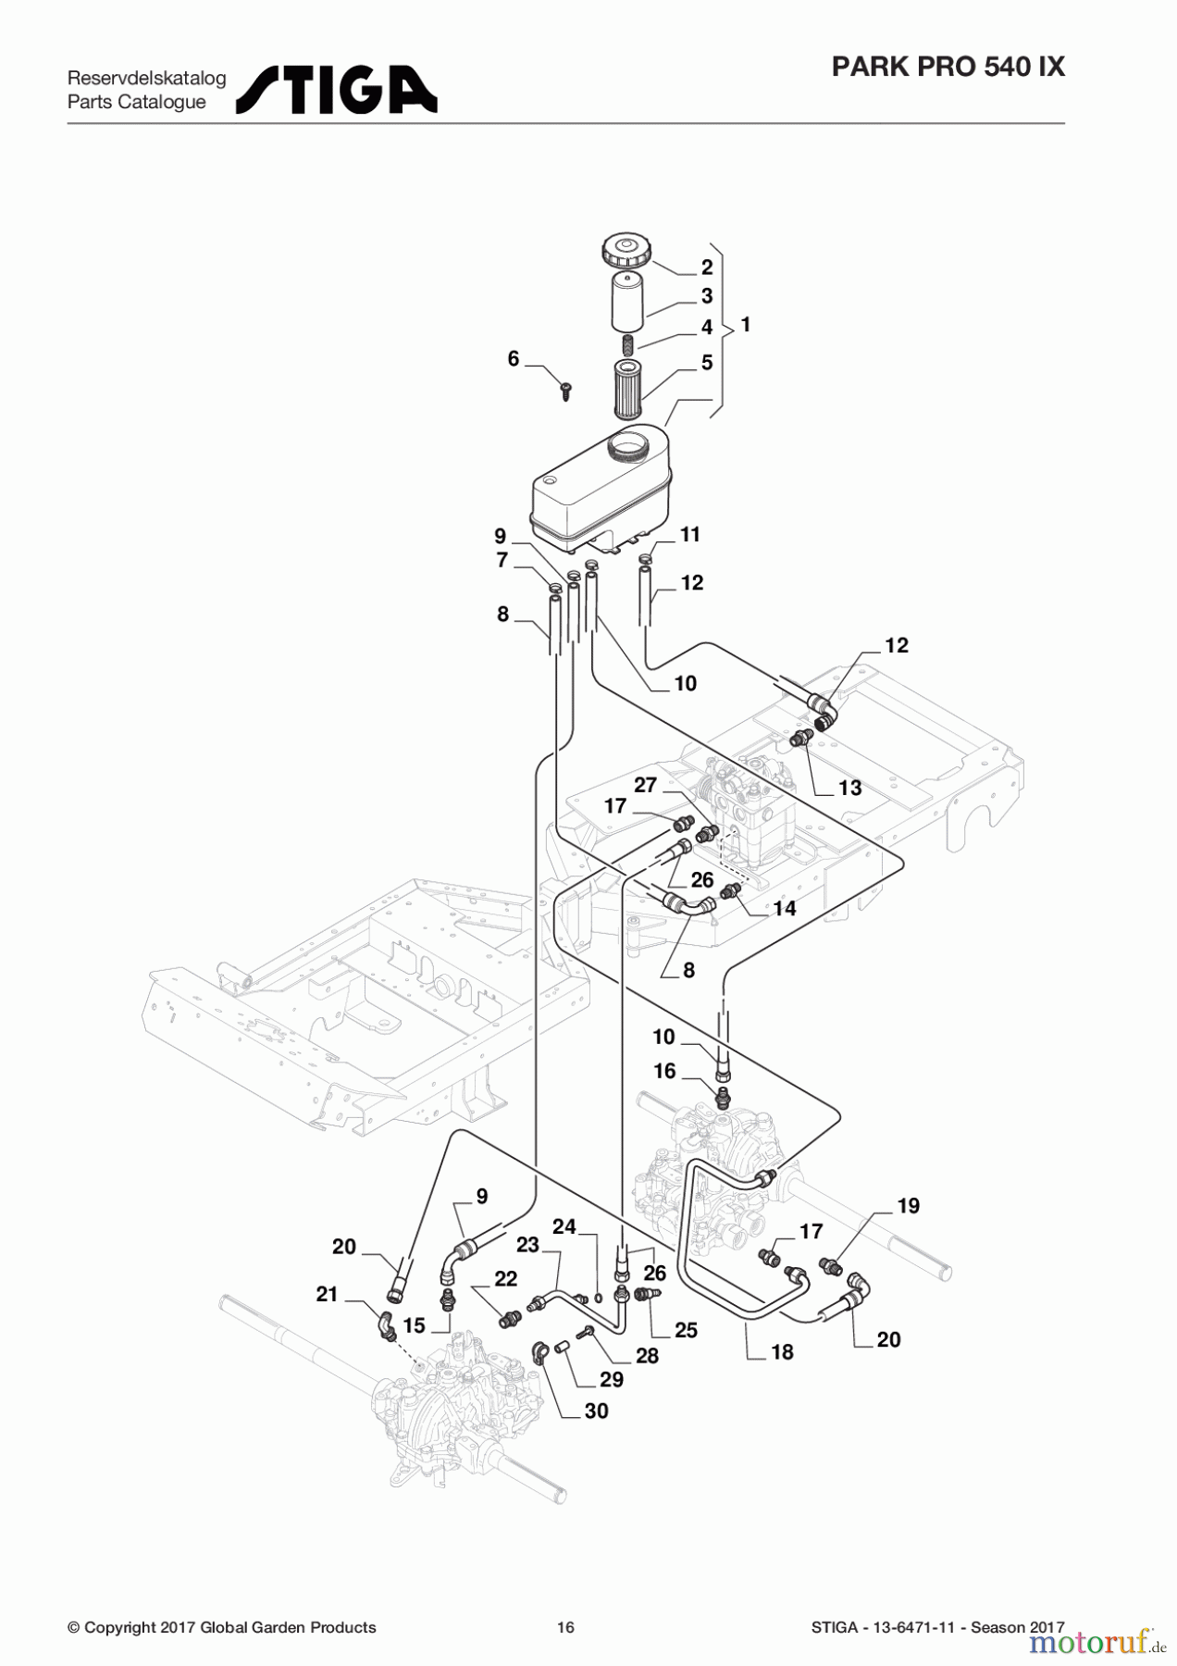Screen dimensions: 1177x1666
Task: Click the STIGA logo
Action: pyautogui.click(x=337, y=90)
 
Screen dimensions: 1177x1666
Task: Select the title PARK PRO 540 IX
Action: pyautogui.click(x=948, y=67)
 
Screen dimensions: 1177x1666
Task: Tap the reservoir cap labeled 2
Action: pyautogui.click(x=624, y=250)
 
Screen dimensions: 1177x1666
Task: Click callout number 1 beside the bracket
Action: pyautogui.click(x=746, y=325)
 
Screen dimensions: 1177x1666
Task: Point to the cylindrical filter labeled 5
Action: pyautogui.click(x=627, y=390)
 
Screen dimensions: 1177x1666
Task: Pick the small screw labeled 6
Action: pyautogui.click(x=567, y=391)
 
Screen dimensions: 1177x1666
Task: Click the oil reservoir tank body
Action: pyautogui.click(x=601, y=487)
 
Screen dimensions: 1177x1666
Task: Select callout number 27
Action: pyautogui.click(x=645, y=785)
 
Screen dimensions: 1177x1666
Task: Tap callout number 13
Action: pyautogui.click(x=849, y=788)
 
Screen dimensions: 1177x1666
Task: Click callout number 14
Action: pyautogui.click(x=785, y=908)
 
